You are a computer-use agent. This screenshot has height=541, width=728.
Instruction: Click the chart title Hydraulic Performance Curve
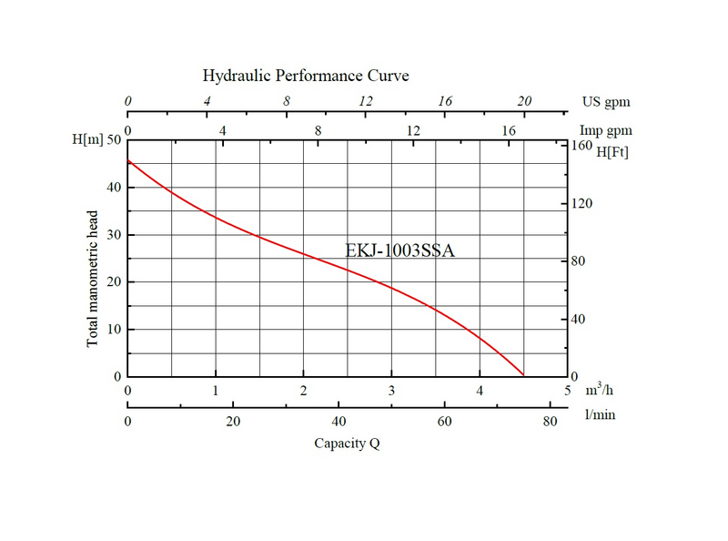pyautogui.click(x=305, y=75)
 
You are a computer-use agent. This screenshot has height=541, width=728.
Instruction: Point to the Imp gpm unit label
pyautogui.click(x=606, y=131)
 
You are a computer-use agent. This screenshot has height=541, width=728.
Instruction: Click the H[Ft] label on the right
pyautogui.click(x=612, y=151)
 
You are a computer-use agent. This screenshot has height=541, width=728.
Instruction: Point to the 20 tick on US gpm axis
pyautogui.click(x=524, y=101)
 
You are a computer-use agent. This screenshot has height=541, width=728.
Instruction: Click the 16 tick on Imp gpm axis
pyautogui.click(x=508, y=131)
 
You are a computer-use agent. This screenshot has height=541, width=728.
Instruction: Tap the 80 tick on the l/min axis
pyautogui.click(x=550, y=421)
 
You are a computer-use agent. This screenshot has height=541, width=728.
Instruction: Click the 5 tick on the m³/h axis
pyautogui.click(x=568, y=391)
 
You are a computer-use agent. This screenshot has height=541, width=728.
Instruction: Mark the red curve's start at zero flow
pyautogui.click(x=128, y=160)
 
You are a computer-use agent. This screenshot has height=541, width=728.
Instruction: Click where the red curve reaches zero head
pyautogui.click(x=523, y=375)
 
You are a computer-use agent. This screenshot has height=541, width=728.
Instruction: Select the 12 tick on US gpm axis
pyautogui.click(x=366, y=101)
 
